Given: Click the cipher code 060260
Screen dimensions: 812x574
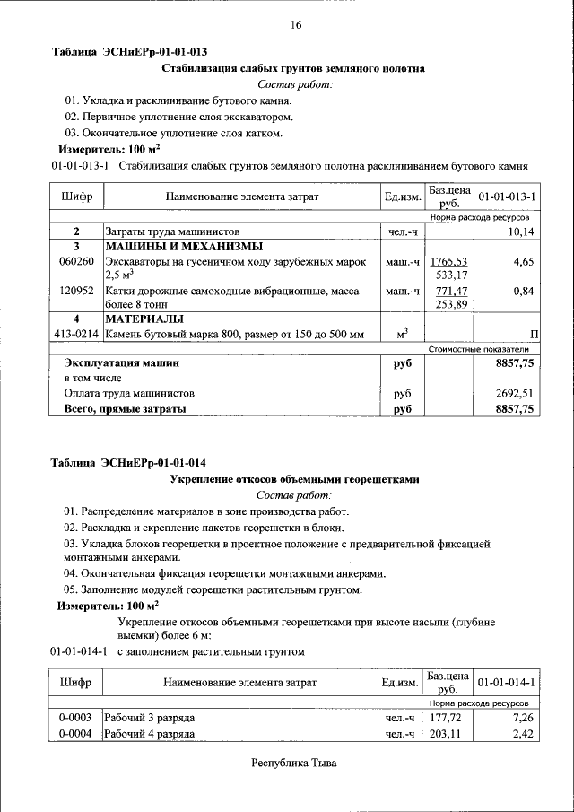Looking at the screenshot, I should click(x=76, y=261).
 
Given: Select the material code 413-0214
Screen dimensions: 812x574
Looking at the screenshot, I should click(x=76, y=335).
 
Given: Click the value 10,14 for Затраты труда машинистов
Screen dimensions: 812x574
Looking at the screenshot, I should click(x=519, y=231).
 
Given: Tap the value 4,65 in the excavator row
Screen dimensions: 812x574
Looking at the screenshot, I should click(x=523, y=261).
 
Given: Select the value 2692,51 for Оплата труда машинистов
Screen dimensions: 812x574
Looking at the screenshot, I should click(x=515, y=393).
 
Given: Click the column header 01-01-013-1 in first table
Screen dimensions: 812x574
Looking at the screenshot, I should click(x=507, y=196).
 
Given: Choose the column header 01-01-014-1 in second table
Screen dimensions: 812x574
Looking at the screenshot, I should click(x=507, y=683).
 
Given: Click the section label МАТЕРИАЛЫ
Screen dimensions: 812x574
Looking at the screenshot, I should click(x=144, y=319).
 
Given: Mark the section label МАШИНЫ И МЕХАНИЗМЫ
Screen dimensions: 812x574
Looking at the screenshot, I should click(x=184, y=246).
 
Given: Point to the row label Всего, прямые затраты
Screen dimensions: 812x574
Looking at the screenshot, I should click(x=125, y=409).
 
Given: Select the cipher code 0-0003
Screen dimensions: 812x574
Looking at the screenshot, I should click(x=76, y=719).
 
